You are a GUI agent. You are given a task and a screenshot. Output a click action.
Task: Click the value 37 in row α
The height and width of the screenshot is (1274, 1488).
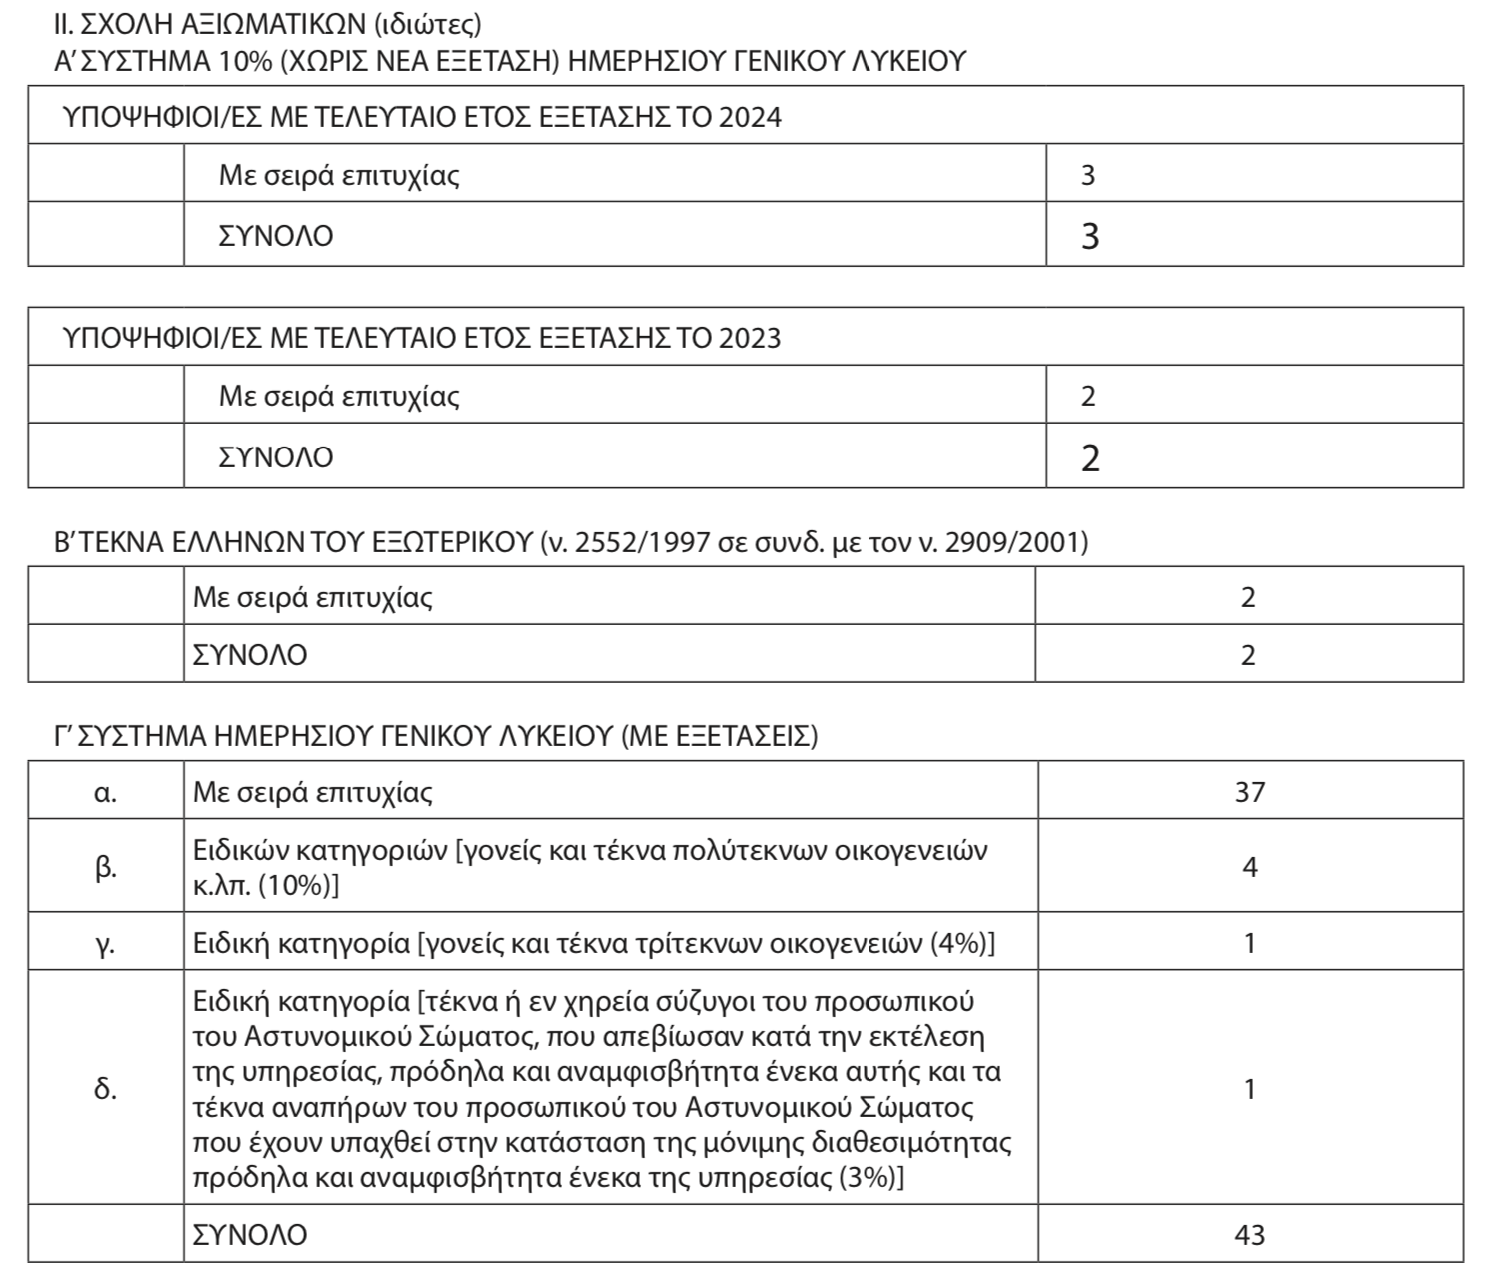[x=1249, y=792]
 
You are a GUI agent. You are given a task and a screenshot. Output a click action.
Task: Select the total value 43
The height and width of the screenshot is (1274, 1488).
[x=1249, y=1234]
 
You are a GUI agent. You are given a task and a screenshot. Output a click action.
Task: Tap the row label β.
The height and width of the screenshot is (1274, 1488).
[x=105, y=866]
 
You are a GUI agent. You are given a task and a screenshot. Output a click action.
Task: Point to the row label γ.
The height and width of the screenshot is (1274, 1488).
[x=105, y=943]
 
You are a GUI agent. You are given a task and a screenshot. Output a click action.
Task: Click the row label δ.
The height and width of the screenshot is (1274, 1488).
[x=105, y=1088]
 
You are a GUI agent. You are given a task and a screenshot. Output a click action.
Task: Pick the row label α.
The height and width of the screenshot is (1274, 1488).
[x=105, y=792]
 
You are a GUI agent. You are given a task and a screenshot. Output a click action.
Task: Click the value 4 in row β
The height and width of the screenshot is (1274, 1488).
[x=1249, y=866]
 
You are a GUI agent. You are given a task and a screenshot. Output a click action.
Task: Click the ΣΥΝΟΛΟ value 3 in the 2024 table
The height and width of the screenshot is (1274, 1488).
[x=1090, y=237]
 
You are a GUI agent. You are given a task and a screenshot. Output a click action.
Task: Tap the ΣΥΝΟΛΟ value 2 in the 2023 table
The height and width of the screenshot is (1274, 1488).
[x=1090, y=458]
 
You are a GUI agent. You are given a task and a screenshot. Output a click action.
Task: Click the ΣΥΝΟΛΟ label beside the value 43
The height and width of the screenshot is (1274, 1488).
[x=250, y=1234]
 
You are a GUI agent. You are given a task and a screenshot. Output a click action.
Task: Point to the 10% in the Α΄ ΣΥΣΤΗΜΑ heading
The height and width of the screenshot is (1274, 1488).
[x=243, y=61]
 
